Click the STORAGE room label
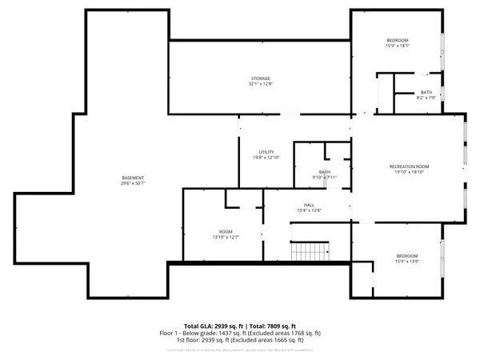point(259,78)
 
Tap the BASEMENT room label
point(133,178)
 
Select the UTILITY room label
point(266,152)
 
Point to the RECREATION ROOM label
point(410,166)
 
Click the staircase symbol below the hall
point(309,252)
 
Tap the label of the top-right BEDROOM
point(398,41)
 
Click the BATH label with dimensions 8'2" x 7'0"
point(426,92)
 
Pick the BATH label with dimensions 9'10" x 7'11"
point(325,172)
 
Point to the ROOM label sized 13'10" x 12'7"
point(226,231)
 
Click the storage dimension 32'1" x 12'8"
point(259,84)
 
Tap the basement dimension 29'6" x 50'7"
point(133,183)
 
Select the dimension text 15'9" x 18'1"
point(398,46)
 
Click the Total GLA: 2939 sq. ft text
point(214,326)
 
